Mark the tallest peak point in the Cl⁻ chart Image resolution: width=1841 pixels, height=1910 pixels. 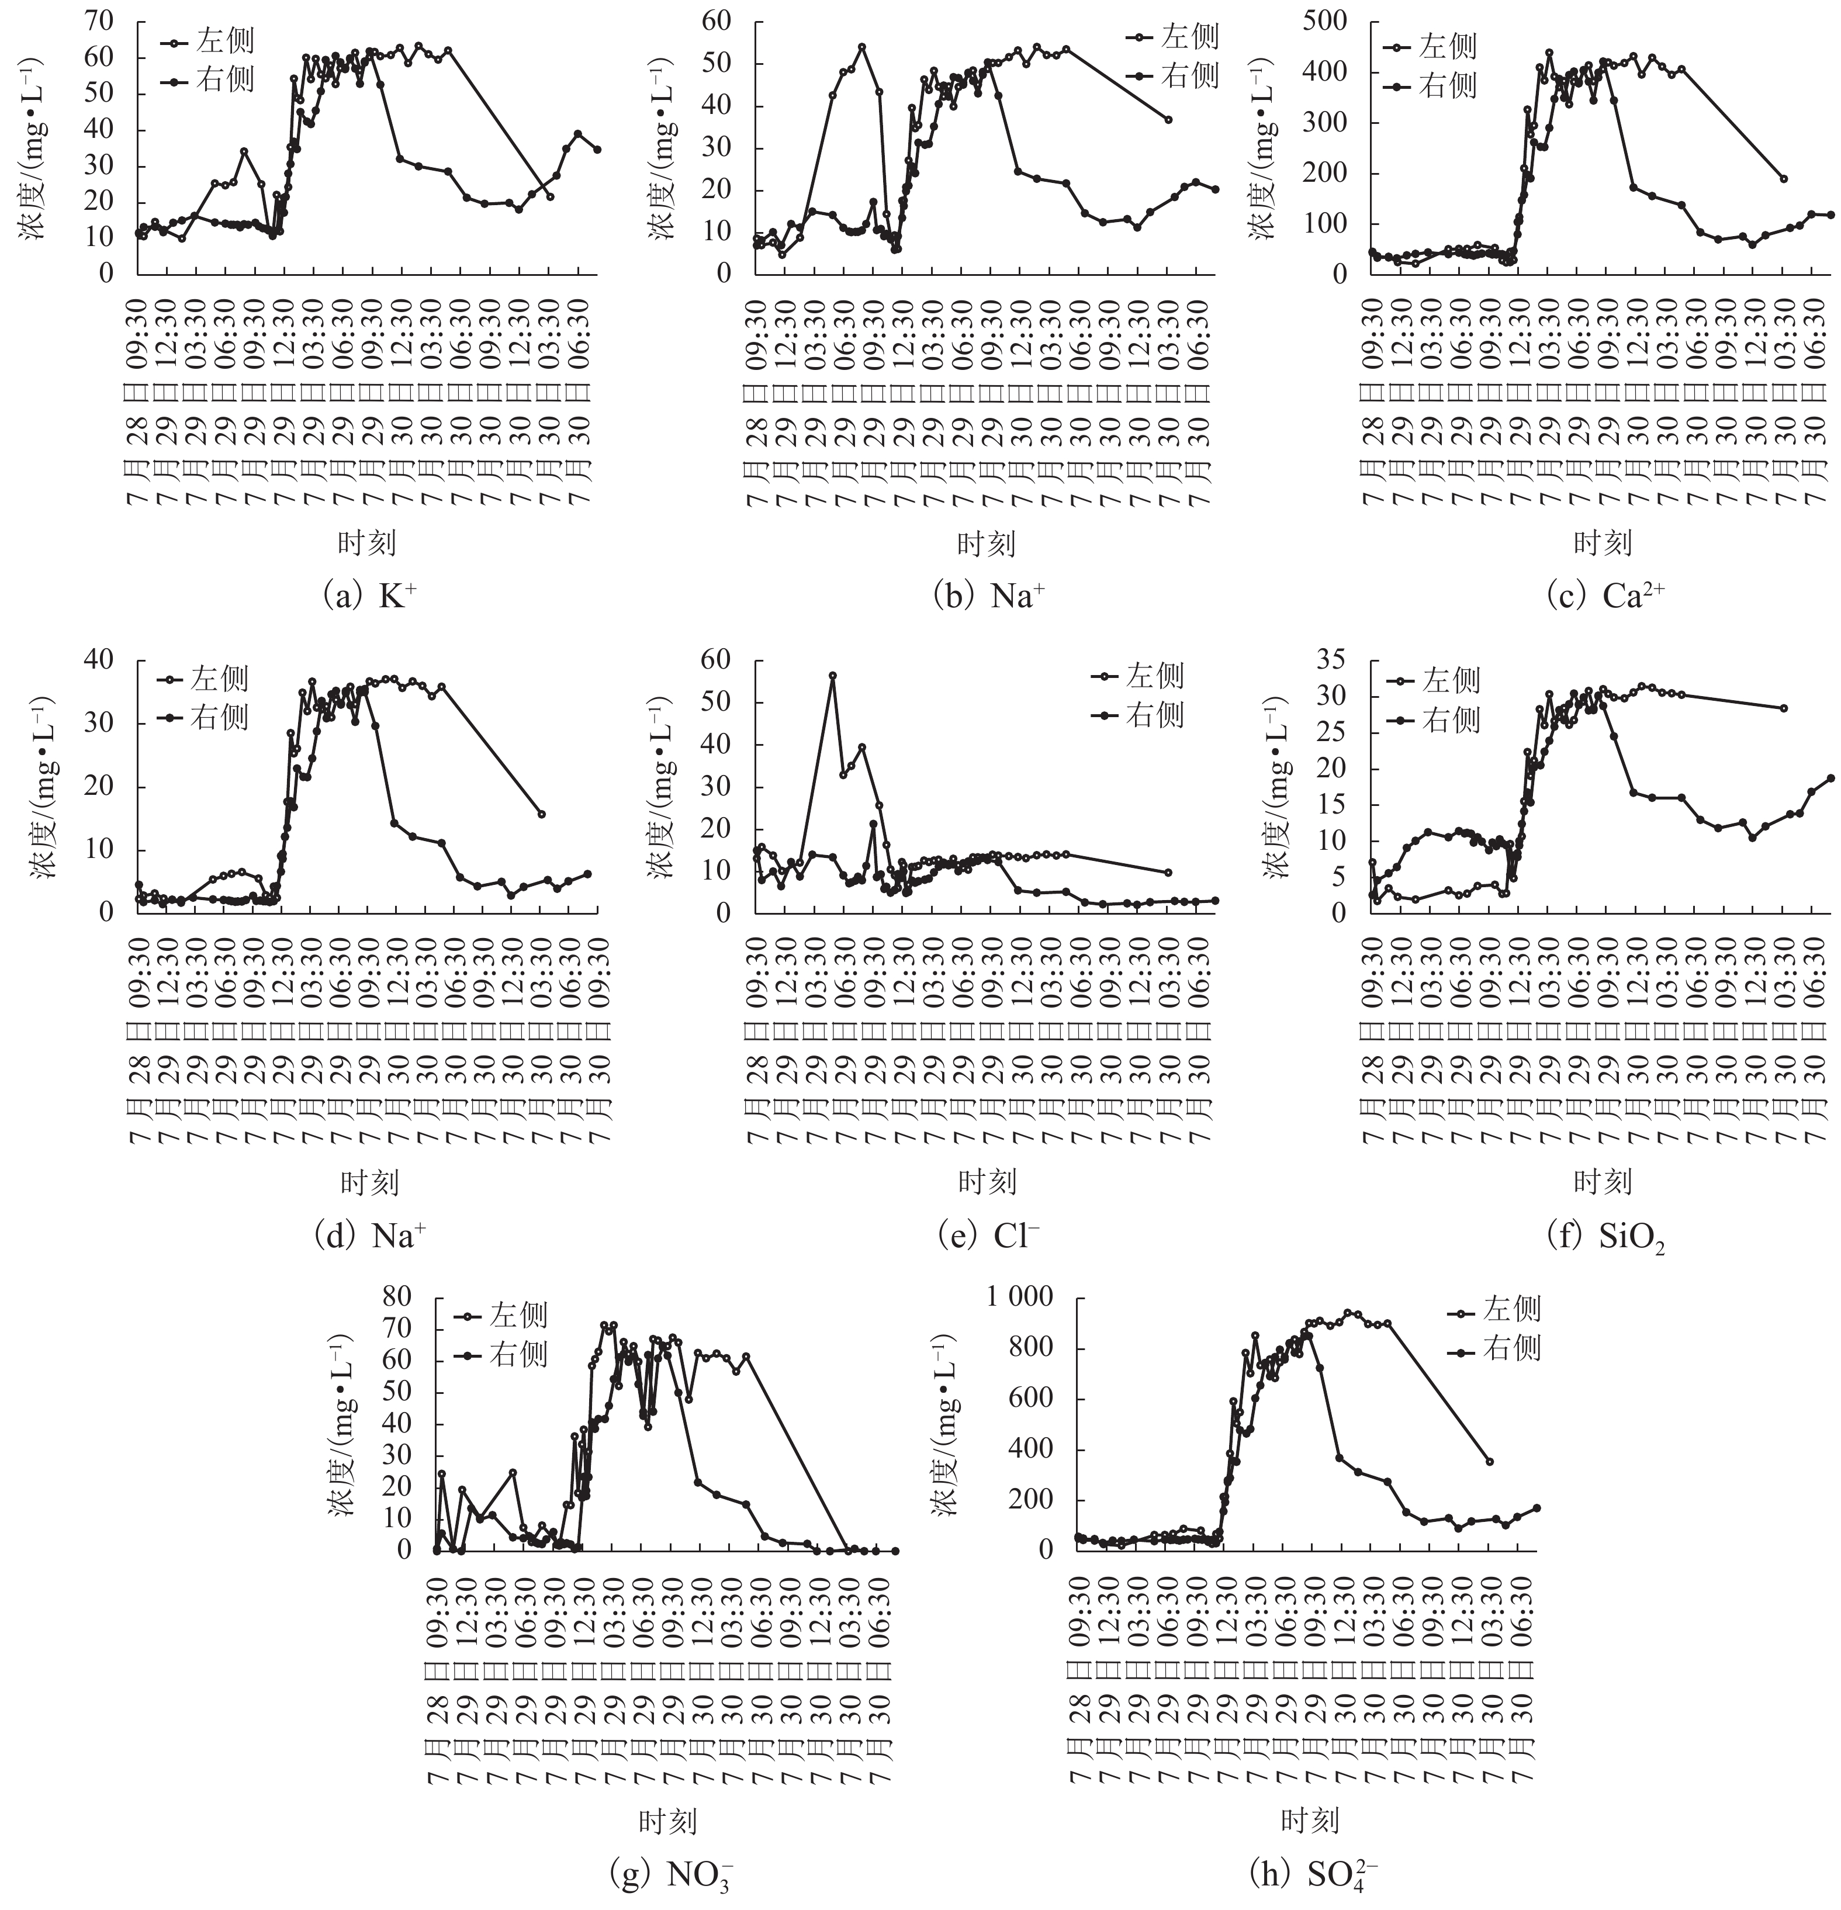(832, 675)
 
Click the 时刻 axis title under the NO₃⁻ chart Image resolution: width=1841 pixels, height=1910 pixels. (667, 1821)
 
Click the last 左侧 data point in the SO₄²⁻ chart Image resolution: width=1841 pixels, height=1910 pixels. (1489, 1461)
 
